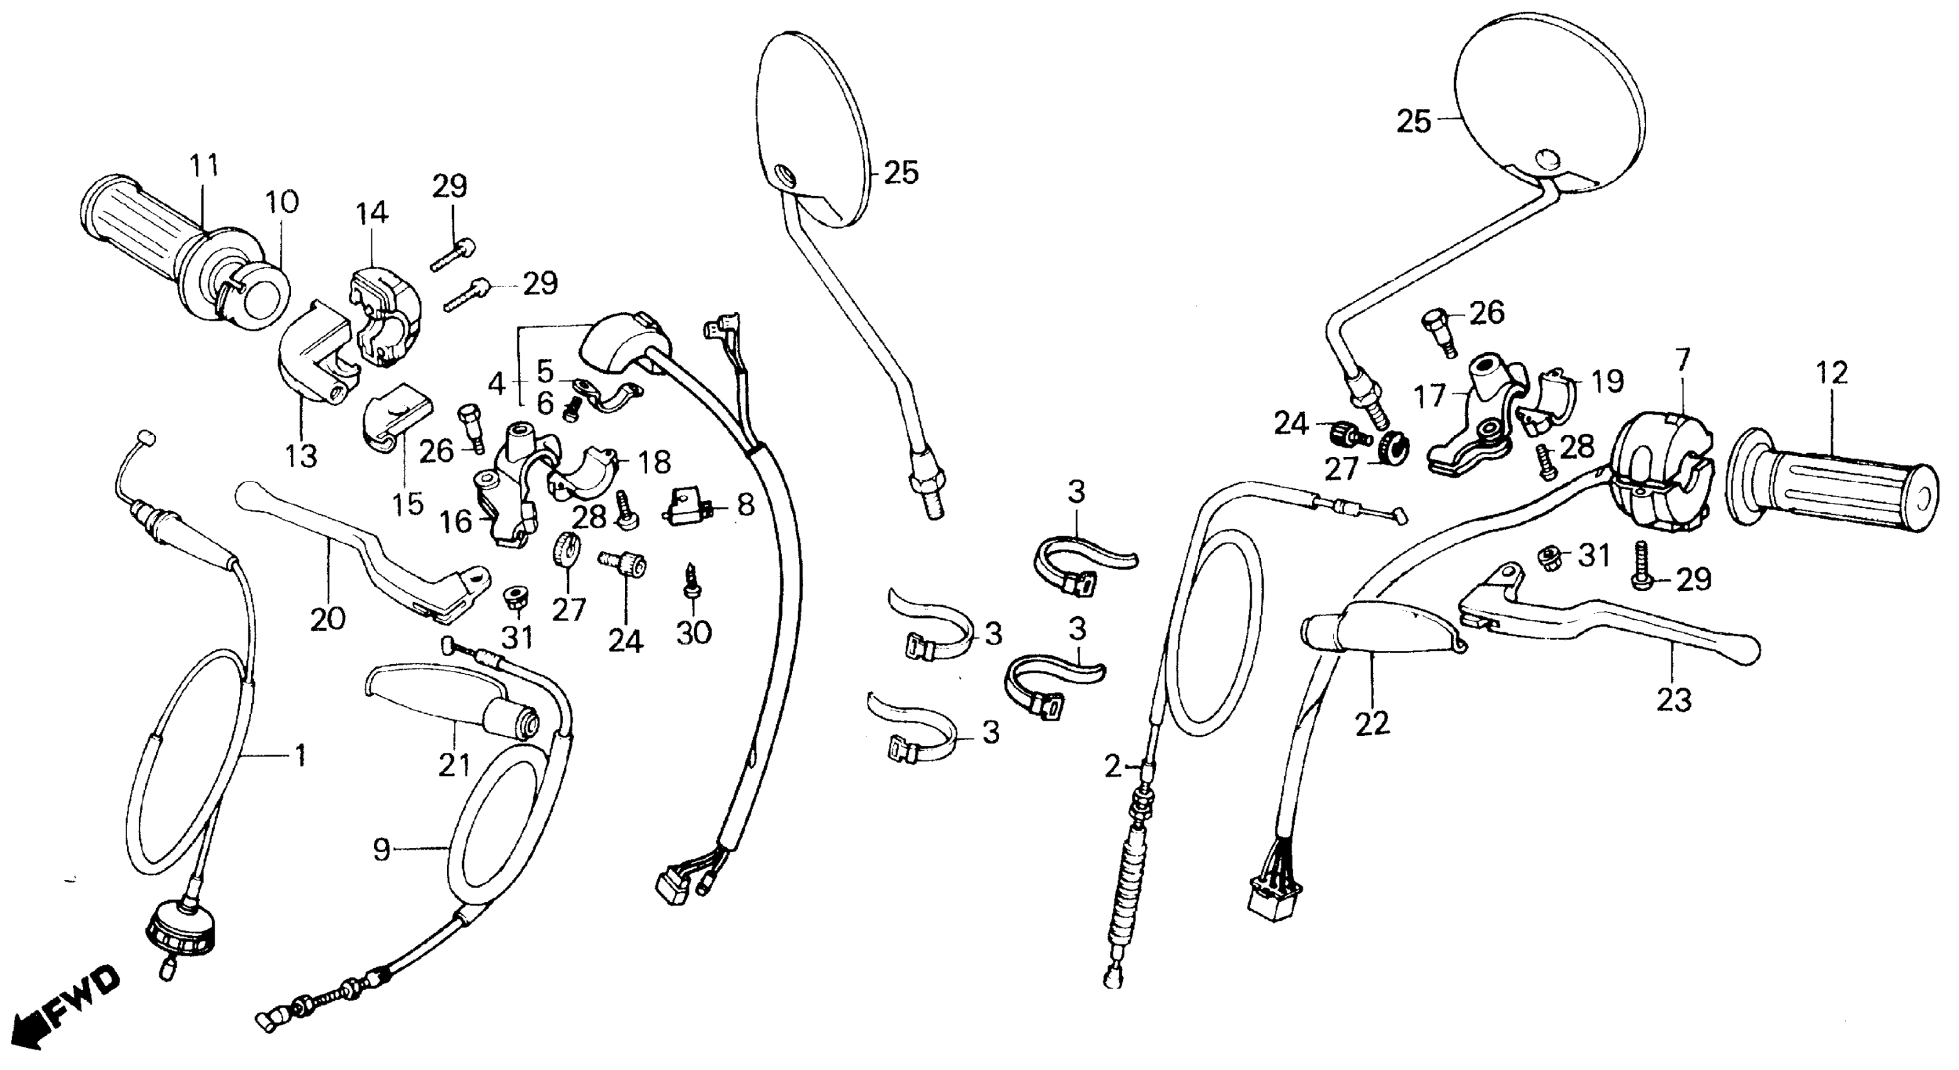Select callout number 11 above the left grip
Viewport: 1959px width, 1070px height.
click(203, 165)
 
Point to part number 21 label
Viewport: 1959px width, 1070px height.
click(454, 765)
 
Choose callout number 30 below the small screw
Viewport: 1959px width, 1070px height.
click(693, 631)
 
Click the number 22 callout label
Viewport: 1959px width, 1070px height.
click(1371, 723)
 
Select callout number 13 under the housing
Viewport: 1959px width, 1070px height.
click(302, 456)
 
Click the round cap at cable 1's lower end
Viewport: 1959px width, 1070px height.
click(181, 927)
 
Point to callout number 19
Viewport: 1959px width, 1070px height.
click(1607, 380)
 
